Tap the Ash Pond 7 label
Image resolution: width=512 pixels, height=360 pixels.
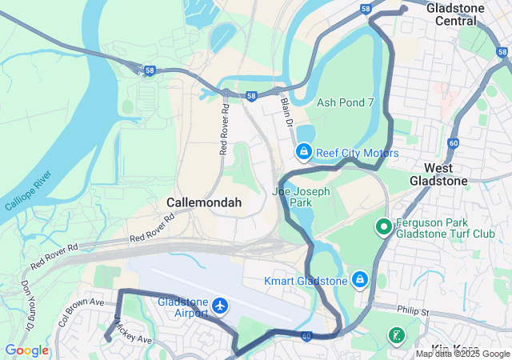pyautogui.click(x=346, y=102)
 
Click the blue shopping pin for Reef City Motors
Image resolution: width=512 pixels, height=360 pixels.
pyautogui.click(x=304, y=151)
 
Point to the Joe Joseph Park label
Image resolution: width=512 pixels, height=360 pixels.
pyautogui.click(x=302, y=198)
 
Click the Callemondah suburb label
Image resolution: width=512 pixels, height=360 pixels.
pyautogui.click(x=204, y=203)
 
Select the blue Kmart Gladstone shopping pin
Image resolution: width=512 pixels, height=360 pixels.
pyautogui.click(x=360, y=279)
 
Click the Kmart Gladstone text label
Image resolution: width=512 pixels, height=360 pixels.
pyautogui.click(x=306, y=281)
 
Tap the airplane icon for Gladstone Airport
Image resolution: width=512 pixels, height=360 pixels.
pyautogui.click(x=221, y=306)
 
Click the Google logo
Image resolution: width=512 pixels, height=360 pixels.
pyautogui.click(x=26, y=350)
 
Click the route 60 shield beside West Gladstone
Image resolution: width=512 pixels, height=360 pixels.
pyautogui.click(x=454, y=143)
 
